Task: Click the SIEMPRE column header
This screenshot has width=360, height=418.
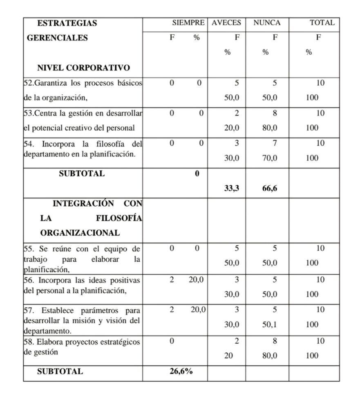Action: point(188,23)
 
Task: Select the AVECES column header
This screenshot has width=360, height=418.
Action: point(226,23)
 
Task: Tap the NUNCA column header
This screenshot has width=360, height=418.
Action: point(267,23)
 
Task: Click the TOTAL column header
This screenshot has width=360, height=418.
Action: point(322,23)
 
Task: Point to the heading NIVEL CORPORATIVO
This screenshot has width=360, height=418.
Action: point(83,68)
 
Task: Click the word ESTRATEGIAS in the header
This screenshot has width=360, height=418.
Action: point(67,23)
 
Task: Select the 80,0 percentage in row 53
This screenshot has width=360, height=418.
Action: point(270,128)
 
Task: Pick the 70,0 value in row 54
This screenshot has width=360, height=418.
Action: point(270,158)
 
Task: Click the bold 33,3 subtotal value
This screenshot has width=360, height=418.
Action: point(232,188)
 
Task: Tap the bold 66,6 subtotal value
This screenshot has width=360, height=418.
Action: point(270,188)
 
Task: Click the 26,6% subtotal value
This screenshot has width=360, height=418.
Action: point(181,371)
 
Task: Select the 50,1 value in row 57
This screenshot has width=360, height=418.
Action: point(270,325)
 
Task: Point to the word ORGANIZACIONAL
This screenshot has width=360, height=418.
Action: point(80,233)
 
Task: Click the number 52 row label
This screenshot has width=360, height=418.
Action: point(28,83)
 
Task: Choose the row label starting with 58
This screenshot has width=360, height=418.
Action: point(81,342)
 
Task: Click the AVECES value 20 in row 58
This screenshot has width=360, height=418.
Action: point(228,356)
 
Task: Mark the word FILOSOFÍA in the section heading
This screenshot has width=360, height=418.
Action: point(119,218)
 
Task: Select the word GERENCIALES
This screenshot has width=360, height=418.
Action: point(57,38)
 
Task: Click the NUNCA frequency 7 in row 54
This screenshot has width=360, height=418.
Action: point(275,143)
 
